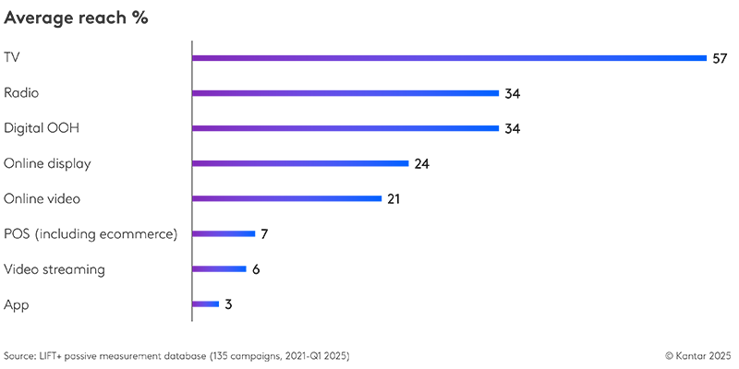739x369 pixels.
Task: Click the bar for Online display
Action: pyautogui.click(x=300, y=163)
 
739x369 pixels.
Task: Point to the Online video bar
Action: pyautogui.click(x=286, y=198)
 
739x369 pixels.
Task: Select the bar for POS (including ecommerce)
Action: pyautogui.click(x=223, y=234)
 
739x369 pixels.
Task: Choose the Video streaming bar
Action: pyautogui.click(x=219, y=269)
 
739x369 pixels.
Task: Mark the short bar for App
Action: pyautogui.click(x=205, y=304)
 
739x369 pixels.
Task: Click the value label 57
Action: pyautogui.click(x=721, y=58)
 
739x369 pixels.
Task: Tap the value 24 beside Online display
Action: pyautogui.click(x=422, y=164)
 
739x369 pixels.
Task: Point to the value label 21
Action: pyautogui.click(x=394, y=199)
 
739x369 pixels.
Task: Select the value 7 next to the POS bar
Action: pyautogui.click(x=264, y=234)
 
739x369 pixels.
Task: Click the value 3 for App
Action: pyautogui.click(x=228, y=304)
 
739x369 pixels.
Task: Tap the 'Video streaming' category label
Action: pyautogui.click(x=55, y=269)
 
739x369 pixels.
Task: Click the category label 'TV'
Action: pyautogui.click(x=12, y=58)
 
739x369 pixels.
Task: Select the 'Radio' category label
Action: pyautogui.click(x=21, y=93)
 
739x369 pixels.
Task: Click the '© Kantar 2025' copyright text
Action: pyautogui.click(x=698, y=355)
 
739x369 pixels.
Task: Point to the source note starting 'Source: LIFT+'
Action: pyautogui.click(x=176, y=355)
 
